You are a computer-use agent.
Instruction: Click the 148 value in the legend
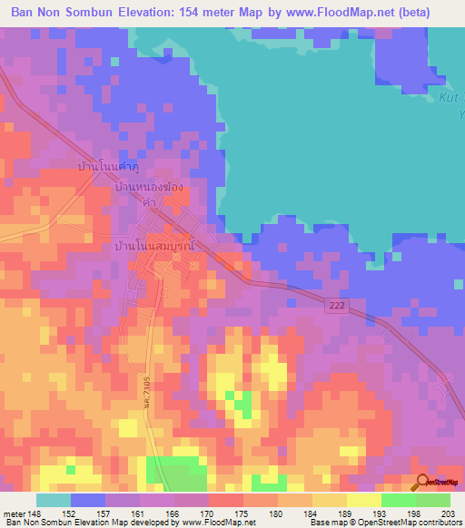[x=36, y=512]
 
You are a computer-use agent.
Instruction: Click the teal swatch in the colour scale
[x=54, y=500]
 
